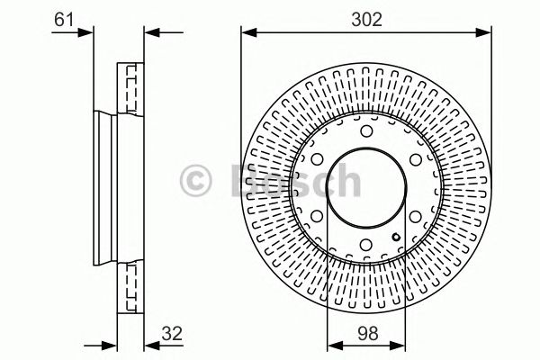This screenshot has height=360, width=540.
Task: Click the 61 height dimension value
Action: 63,17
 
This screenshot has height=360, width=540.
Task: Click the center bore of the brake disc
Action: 365,190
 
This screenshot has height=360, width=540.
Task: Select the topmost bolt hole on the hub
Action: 365,133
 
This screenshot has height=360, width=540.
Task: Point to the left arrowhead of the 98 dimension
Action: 332,342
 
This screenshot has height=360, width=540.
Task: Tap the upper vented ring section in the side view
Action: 131,89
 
